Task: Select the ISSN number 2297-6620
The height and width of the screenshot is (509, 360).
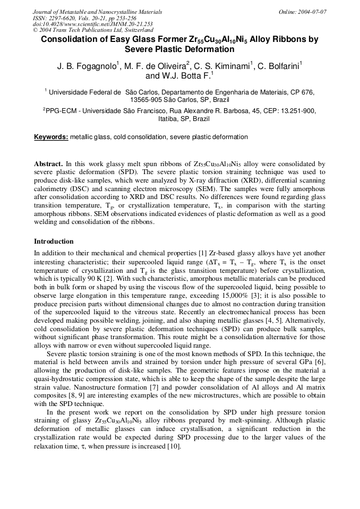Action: pos(63,18)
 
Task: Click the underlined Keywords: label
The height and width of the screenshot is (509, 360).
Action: pos(51,137)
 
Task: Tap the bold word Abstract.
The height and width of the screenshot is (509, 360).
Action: pos(48,164)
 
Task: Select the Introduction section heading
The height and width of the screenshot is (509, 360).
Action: pos(54,241)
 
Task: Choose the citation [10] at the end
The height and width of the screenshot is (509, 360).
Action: pos(173,446)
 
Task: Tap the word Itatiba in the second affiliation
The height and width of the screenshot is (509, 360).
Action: pos(169,119)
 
